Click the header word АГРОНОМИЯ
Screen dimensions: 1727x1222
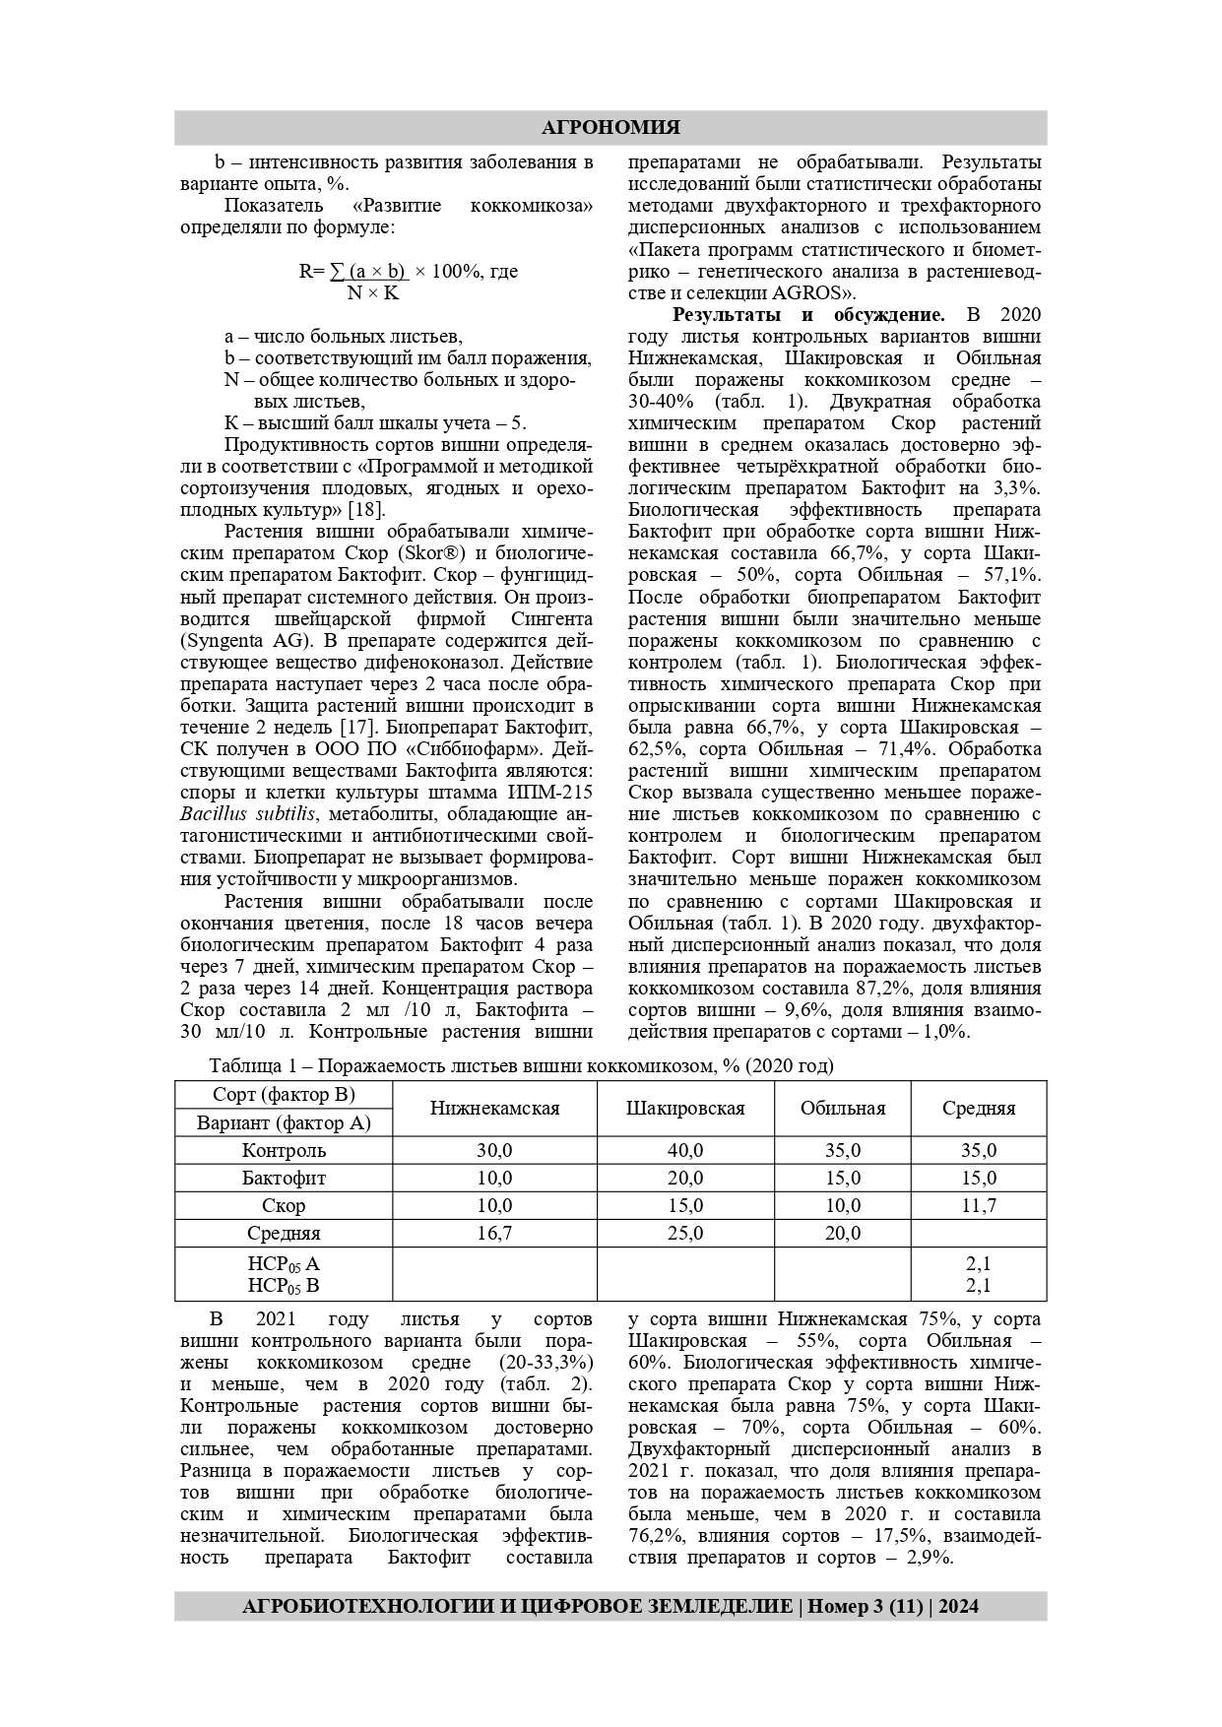611,128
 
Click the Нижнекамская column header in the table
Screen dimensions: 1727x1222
494,1109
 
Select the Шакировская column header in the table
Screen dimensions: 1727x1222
685,1109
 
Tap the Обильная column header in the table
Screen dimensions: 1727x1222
842,1109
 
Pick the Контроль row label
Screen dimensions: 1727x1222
284,1151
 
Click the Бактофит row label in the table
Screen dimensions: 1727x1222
284,1179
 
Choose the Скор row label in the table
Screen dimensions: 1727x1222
284,1206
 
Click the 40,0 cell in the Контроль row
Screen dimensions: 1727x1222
685,1151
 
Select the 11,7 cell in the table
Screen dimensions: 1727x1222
978,1206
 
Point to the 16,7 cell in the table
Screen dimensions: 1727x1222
494,1234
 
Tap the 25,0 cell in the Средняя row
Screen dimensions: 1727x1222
685,1234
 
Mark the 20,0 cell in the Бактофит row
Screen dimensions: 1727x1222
685,1179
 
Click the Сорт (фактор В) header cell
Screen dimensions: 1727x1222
284,1095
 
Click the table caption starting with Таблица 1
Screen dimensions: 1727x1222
521,1066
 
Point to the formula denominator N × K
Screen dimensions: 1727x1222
373,292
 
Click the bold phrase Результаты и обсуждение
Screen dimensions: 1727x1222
807,315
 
